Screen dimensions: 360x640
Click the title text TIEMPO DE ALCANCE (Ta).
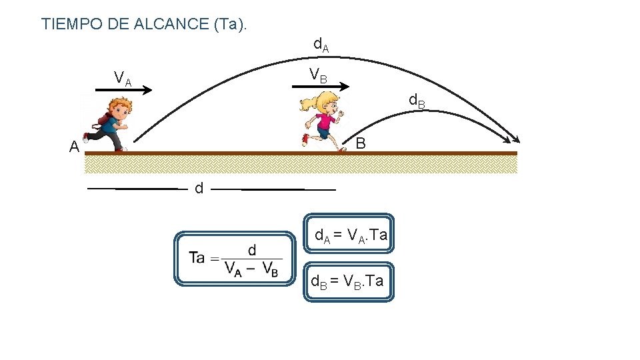(144, 24)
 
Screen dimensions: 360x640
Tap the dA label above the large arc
(321, 45)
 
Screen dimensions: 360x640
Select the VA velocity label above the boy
(123, 79)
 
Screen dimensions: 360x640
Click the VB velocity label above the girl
(317, 76)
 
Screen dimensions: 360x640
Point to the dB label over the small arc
(416, 102)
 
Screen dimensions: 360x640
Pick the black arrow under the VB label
(326, 86)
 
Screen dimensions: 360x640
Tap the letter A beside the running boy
(74, 147)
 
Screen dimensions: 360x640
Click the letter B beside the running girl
(360, 143)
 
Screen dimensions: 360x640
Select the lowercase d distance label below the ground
(199, 189)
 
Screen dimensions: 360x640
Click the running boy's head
(120, 107)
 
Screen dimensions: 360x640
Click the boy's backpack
(102, 120)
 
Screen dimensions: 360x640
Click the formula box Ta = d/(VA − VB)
(234, 259)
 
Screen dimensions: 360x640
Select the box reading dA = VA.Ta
(349, 234)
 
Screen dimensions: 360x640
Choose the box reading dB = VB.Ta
(349, 281)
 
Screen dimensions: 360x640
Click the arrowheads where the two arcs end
(514, 138)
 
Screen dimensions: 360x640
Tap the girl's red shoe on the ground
(305, 140)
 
